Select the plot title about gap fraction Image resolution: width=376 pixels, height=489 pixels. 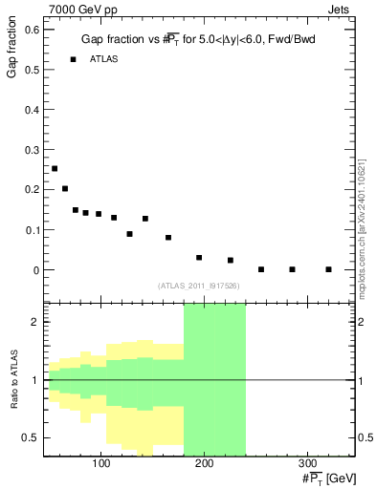pyautogui.click(x=198, y=40)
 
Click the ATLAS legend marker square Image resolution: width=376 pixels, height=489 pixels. pyautogui.click(x=73, y=59)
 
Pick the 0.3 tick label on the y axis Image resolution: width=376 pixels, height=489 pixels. pyautogui.click(x=32, y=150)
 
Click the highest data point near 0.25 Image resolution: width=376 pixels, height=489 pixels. pyautogui.click(x=55, y=169)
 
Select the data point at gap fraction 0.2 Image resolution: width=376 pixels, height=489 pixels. pyautogui.click(x=65, y=189)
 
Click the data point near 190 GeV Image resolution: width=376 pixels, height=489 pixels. pyautogui.click(x=199, y=258)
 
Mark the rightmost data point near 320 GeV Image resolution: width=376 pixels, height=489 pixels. pyautogui.click(x=328, y=269)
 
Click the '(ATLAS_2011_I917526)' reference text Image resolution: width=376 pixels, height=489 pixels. pyautogui.click(x=199, y=286)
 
